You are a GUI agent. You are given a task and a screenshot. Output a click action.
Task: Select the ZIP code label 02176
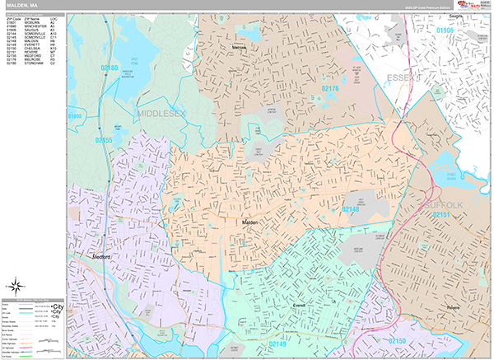click(330, 87)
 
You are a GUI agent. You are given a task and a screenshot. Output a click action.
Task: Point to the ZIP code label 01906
click(445, 30)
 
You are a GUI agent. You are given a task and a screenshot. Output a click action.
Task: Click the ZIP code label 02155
click(104, 141)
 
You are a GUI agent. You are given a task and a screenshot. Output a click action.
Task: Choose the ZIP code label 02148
click(352, 211)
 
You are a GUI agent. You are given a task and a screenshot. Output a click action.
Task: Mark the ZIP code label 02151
click(440, 215)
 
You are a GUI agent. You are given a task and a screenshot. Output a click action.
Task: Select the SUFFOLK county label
click(445, 203)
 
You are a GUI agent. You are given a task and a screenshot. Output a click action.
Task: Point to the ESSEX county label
click(404, 78)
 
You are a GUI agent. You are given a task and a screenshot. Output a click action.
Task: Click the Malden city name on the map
click(250, 222)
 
